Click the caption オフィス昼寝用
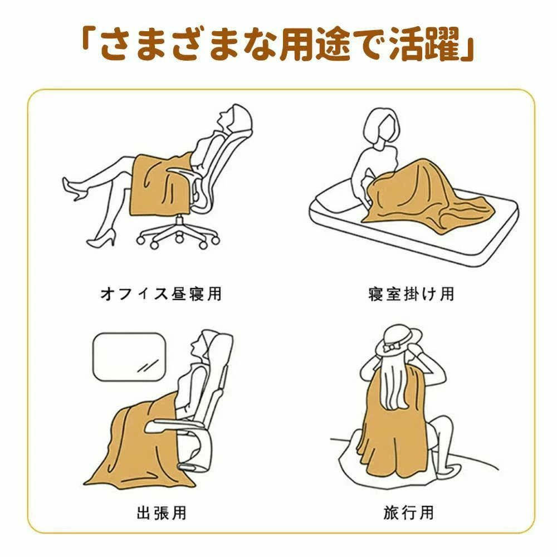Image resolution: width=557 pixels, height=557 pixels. (162, 294)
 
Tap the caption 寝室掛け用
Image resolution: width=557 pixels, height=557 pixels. (411, 294)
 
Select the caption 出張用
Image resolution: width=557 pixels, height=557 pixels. (162, 513)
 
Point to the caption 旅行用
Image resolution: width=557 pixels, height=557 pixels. (408, 513)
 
